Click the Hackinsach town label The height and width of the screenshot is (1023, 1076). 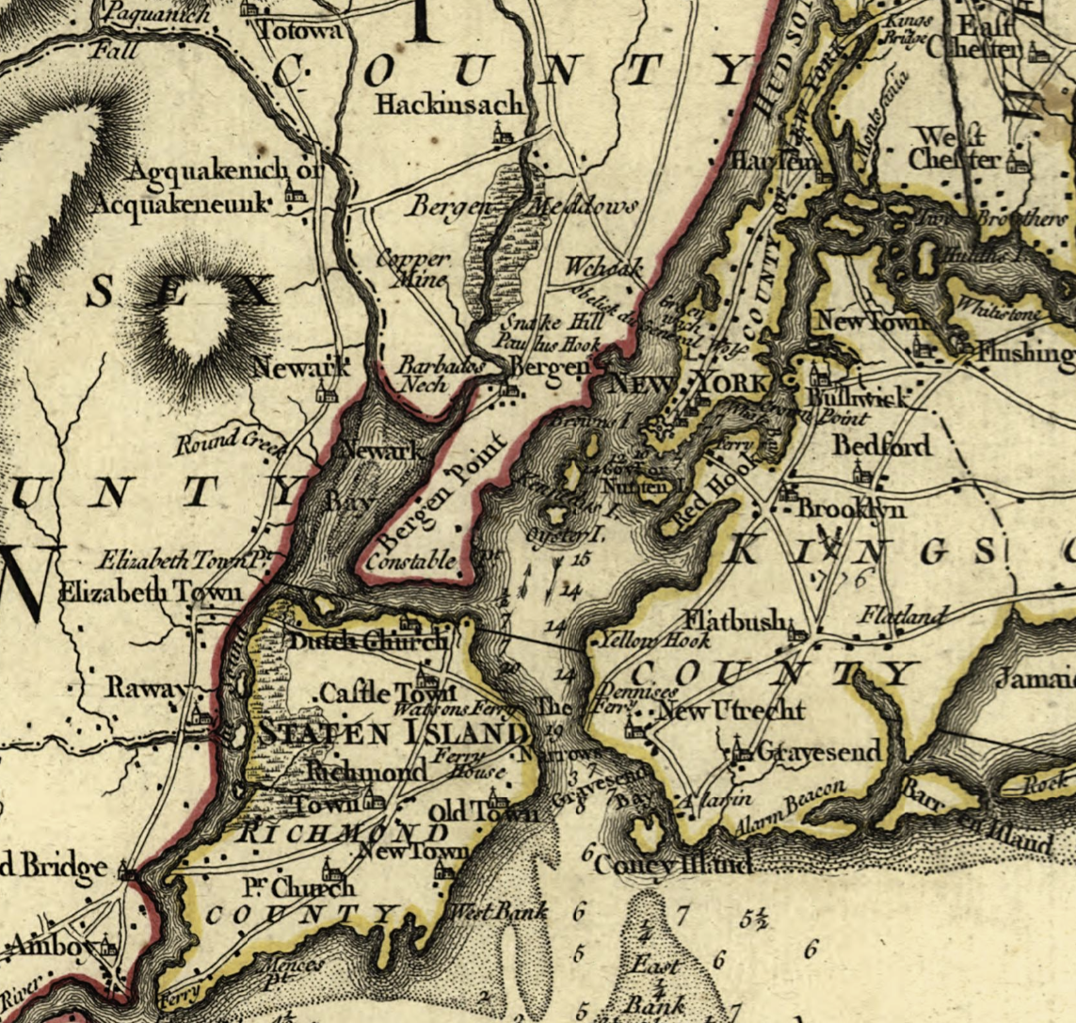point(449,103)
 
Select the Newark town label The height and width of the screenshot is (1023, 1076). point(288,369)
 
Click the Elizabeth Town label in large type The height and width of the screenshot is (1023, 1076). point(152,594)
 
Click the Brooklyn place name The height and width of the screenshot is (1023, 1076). point(851,508)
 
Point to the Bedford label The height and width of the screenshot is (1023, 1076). point(882,445)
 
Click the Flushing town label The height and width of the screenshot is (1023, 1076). point(1025,353)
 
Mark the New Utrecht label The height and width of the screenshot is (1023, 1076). point(730,711)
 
